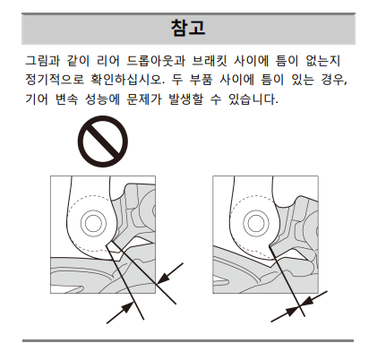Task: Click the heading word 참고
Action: [x=188, y=29]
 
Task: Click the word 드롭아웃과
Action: [x=156, y=61]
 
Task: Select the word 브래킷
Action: [x=209, y=61]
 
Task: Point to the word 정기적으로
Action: [x=55, y=80]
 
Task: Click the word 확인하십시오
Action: [x=128, y=80]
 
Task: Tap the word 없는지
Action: [x=323, y=61]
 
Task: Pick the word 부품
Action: [x=201, y=80]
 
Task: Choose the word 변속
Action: [x=66, y=99]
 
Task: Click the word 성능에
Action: [x=102, y=99]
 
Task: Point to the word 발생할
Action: [x=185, y=99]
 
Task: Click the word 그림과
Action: [x=42, y=61]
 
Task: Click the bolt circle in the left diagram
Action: [x=93, y=223]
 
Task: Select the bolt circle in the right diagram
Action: [x=256, y=223]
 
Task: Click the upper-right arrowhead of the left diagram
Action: [x=163, y=279]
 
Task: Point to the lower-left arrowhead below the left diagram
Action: [x=127, y=307]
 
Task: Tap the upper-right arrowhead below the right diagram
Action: [x=306, y=302]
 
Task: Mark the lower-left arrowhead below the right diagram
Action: [x=292, y=311]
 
